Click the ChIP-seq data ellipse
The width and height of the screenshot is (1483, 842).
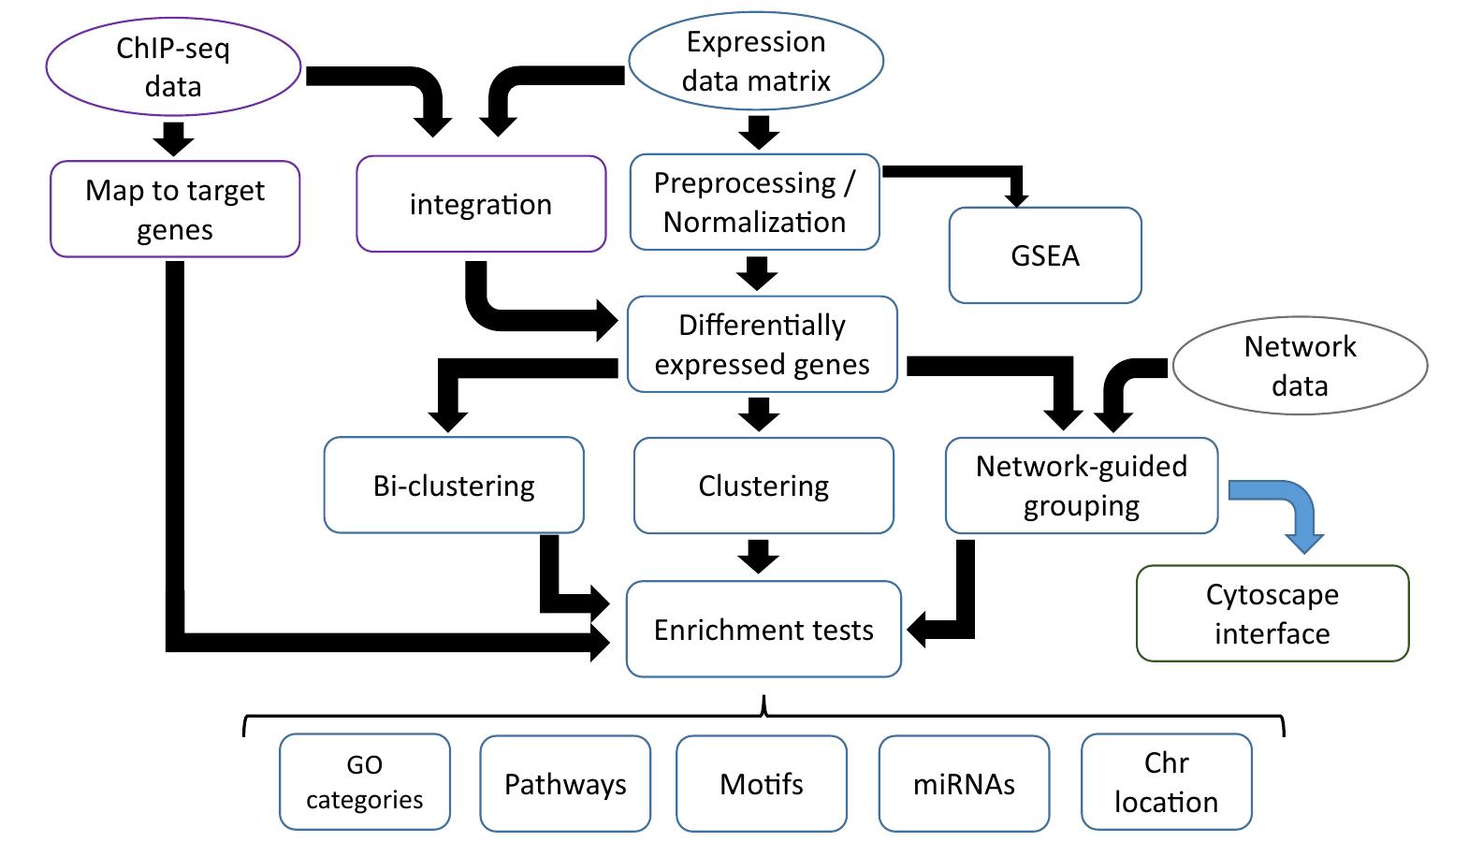(x=173, y=67)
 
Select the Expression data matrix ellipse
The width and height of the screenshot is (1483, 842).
(x=755, y=61)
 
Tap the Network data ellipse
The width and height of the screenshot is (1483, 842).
(x=1300, y=366)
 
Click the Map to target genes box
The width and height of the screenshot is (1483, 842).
(x=175, y=210)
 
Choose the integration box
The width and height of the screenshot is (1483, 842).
(x=481, y=204)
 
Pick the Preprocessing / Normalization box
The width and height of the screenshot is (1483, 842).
(x=754, y=202)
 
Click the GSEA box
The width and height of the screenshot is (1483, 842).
(x=1045, y=255)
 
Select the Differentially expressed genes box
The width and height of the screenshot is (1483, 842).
(x=762, y=344)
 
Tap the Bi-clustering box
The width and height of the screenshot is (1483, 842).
(x=454, y=486)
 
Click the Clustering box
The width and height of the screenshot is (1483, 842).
(x=763, y=486)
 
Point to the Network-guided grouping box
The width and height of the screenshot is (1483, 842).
(x=1082, y=486)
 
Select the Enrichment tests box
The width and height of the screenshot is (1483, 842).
(x=763, y=630)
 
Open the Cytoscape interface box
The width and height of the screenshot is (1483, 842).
(x=1272, y=614)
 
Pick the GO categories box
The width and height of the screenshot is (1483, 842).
(x=365, y=782)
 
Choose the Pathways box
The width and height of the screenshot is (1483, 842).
(x=565, y=784)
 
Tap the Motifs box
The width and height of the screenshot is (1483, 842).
(x=762, y=784)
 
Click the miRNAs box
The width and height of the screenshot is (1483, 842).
(x=964, y=784)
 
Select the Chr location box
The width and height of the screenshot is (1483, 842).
(x=1166, y=782)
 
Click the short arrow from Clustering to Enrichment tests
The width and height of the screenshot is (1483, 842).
(x=758, y=557)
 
